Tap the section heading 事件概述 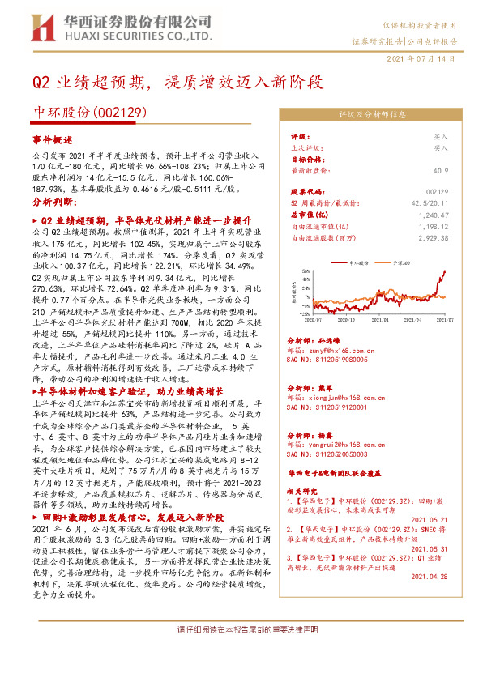coord(52,140)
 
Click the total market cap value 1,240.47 coord(433,216)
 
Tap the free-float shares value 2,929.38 coord(433,238)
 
